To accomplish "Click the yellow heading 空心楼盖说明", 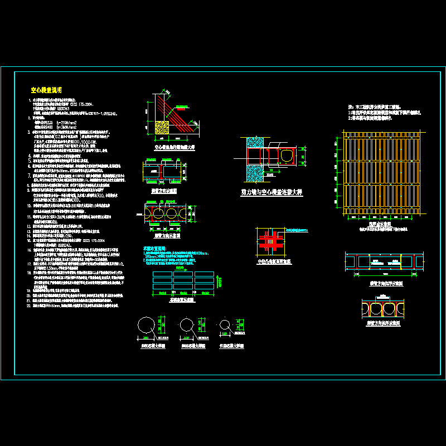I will [x=46, y=89].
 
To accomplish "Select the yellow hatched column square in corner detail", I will [x=162, y=127].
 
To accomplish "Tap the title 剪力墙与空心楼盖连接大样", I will [x=271, y=192].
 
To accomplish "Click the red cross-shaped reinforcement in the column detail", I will [x=270, y=240].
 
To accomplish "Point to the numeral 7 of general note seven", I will [x=28, y=175].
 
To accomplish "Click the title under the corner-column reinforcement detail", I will [x=174, y=148].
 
